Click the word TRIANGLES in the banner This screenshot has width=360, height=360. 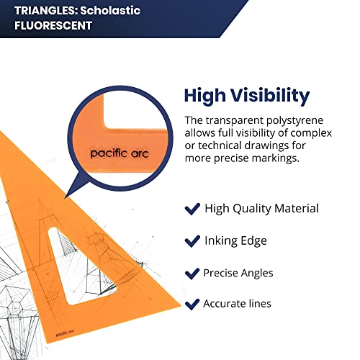45,11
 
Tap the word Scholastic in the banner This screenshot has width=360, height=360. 110,11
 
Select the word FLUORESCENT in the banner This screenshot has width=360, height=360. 53,25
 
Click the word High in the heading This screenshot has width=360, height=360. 205,96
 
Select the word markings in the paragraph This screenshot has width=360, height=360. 275,158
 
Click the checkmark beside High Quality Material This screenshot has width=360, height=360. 192,209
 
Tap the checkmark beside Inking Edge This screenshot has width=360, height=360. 192,241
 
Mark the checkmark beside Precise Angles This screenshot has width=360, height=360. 192,274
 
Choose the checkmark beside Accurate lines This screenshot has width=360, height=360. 192,305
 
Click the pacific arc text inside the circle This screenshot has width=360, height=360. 120,153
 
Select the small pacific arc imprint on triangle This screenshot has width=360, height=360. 65,333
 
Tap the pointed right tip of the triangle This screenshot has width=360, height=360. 181,305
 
